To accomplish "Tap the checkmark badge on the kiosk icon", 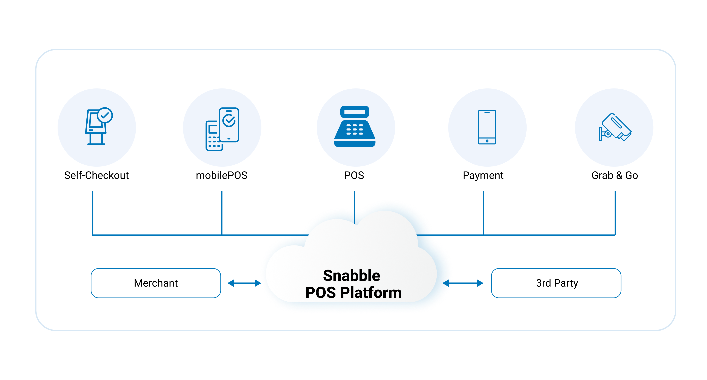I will click(x=105, y=115).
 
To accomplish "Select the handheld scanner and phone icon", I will click(x=222, y=129).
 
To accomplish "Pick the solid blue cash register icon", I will click(x=355, y=127).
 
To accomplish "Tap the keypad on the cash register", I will click(x=355, y=129).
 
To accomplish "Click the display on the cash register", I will click(x=355, y=112).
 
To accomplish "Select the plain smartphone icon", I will click(x=487, y=127).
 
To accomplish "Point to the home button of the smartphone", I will click(x=487, y=141).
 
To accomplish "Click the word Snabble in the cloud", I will click(x=352, y=275).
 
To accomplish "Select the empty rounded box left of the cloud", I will click(x=156, y=283).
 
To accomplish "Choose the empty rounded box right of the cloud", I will click(x=556, y=283).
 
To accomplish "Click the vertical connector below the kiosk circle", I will click(x=93, y=213).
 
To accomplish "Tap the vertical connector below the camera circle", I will click(x=615, y=213).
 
